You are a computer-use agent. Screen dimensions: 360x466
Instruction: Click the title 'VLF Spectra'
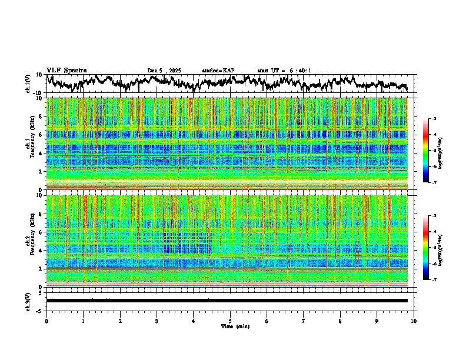point(66,71)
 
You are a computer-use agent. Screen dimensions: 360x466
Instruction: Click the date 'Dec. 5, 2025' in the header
point(164,71)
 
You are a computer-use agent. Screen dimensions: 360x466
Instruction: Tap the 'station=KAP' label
point(218,71)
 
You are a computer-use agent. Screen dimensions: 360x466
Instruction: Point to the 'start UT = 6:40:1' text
point(284,71)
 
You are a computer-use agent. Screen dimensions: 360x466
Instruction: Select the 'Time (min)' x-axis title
point(235,326)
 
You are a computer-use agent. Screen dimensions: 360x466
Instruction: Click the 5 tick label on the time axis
point(230,321)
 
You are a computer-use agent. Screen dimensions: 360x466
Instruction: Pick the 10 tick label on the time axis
point(414,321)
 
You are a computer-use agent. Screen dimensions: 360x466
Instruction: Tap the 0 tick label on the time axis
point(46,321)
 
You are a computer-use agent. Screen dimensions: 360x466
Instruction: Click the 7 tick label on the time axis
point(304,321)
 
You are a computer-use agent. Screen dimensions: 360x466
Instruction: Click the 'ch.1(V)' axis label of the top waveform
point(28,84)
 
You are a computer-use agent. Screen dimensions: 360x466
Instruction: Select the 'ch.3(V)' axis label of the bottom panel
point(28,300)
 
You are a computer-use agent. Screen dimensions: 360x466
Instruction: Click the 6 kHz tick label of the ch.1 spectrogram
point(41,135)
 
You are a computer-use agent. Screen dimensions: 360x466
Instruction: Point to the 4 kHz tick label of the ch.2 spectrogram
point(41,251)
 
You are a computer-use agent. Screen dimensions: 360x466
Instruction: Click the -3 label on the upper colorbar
point(434,119)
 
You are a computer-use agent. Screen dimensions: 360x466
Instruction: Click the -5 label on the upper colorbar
point(434,151)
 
